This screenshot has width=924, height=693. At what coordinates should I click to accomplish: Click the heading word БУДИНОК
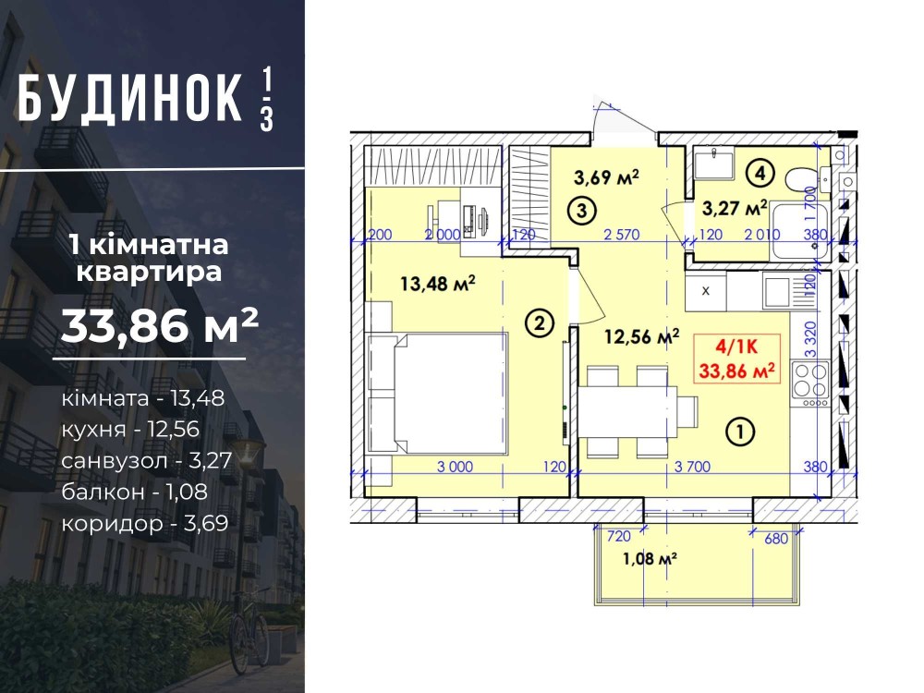tap(129, 99)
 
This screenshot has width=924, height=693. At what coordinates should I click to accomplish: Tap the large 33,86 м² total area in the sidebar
tap(160, 326)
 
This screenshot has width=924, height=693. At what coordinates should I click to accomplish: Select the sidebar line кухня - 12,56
tap(130, 429)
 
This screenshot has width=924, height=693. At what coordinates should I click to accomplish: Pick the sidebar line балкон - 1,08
tap(134, 492)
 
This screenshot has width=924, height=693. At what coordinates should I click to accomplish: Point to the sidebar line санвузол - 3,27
tap(147, 460)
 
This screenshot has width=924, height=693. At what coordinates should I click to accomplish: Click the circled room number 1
tap(741, 432)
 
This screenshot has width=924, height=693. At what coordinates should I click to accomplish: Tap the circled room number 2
tap(540, 322)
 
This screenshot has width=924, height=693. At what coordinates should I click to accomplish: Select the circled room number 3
tap(582, 210)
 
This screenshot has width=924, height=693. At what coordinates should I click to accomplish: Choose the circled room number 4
tap(760, 174)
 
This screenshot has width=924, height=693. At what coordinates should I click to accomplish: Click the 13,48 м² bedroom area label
tap(438, 284)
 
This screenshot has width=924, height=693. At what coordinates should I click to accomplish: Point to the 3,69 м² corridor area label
tap(606, 176)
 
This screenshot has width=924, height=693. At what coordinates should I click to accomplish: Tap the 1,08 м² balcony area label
tap(650, 557)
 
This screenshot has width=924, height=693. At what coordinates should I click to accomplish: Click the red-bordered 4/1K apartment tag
tap(736, 359)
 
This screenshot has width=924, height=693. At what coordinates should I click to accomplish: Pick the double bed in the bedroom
tap(437, 393)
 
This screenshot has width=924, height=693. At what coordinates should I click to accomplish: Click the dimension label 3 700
tap(692, 467)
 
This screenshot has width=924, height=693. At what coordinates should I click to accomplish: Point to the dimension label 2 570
tap(622, 235)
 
